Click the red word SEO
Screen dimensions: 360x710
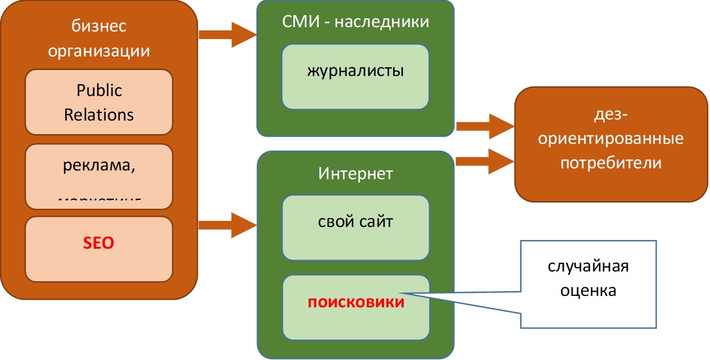pos(99,243)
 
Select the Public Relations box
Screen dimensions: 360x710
pos(99,102)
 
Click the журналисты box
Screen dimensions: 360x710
pos(355,77)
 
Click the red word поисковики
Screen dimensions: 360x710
pos(356,302)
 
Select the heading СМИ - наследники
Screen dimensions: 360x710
pos(356,22)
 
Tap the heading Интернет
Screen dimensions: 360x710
pos(355,174)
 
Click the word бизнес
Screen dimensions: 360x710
pos(99,26)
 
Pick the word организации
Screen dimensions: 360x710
pos(99,52)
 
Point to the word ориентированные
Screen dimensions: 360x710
pos(611,139)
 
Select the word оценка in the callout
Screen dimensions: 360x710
pos(588,290)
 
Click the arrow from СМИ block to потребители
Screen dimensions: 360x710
pos(485,127)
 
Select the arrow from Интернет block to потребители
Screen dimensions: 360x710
pos(485,161)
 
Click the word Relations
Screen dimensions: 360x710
pos(99,115)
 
